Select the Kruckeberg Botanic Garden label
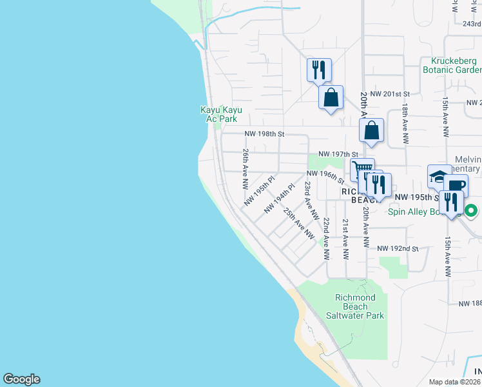click(452, 65)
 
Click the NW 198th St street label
click(264, 134)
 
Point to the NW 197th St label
click(342, 154)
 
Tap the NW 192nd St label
click(398, 248)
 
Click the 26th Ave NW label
click(246, 169)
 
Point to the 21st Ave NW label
click(345, 239)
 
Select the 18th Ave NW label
click(405, 119)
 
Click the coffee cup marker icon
click(456, 185)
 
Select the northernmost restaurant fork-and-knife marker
click(319, 69)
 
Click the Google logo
click(21, 379)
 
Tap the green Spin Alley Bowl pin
click(471, 210)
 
